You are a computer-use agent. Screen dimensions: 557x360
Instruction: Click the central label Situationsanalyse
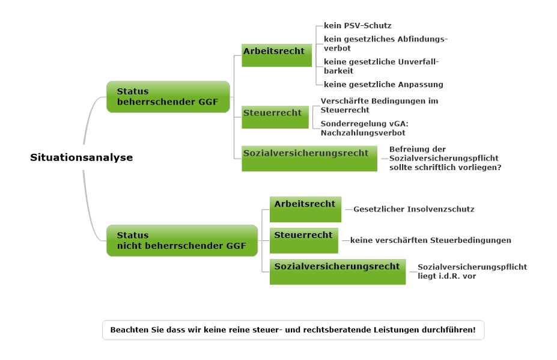pyautogui.click(x=81, y=157)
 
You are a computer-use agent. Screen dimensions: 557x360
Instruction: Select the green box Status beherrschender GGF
pyautogui.click(x=168, y=97)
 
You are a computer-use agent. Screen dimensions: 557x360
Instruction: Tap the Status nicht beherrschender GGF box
pyautogui.click(x=182, y=240)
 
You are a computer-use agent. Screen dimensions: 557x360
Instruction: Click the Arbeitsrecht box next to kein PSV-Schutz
pyautogui.click(x=277, y=55)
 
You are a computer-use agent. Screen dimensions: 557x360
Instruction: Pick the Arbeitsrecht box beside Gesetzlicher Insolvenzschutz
pyautogui.click(x=305, y=209)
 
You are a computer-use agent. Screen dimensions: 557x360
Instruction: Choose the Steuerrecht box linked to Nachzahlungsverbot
pyautogui.click(x=275, y=117)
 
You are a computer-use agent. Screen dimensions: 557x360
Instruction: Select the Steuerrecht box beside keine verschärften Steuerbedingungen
pyautogui.click(x=303, y=240)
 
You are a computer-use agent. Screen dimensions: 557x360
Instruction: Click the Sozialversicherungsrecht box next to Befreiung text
pyautogui.click(x=309, y=159)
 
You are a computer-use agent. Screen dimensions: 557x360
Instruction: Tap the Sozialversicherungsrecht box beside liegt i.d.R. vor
pyautogui.click(x=338, y=272)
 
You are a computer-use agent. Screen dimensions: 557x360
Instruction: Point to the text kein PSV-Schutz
pyautogui.click(x=358, y=26)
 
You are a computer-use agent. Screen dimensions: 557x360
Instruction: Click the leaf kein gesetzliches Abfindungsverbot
pyautogui.click(x=385, y=43)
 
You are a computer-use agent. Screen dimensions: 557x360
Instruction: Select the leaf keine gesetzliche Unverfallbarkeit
pyautogui.click(x=381, y=66)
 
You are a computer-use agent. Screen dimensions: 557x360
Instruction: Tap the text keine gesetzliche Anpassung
pyautogui.click(x=383, y=85)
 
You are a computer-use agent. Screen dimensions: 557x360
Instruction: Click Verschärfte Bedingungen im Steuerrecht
pyautogui.click(x=379, y=106)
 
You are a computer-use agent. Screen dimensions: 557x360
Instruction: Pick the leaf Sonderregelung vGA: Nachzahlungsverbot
pyautogui.click(x=365, y=128)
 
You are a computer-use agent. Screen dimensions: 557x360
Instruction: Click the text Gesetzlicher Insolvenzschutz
pyautogui.click(x=414, y=209)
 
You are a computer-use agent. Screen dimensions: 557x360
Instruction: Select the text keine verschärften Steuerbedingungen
pyautogui.click(x=431, y=240)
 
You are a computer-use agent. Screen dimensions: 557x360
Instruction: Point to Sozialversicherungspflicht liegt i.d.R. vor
pyautogui.click(x=472, y=272)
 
